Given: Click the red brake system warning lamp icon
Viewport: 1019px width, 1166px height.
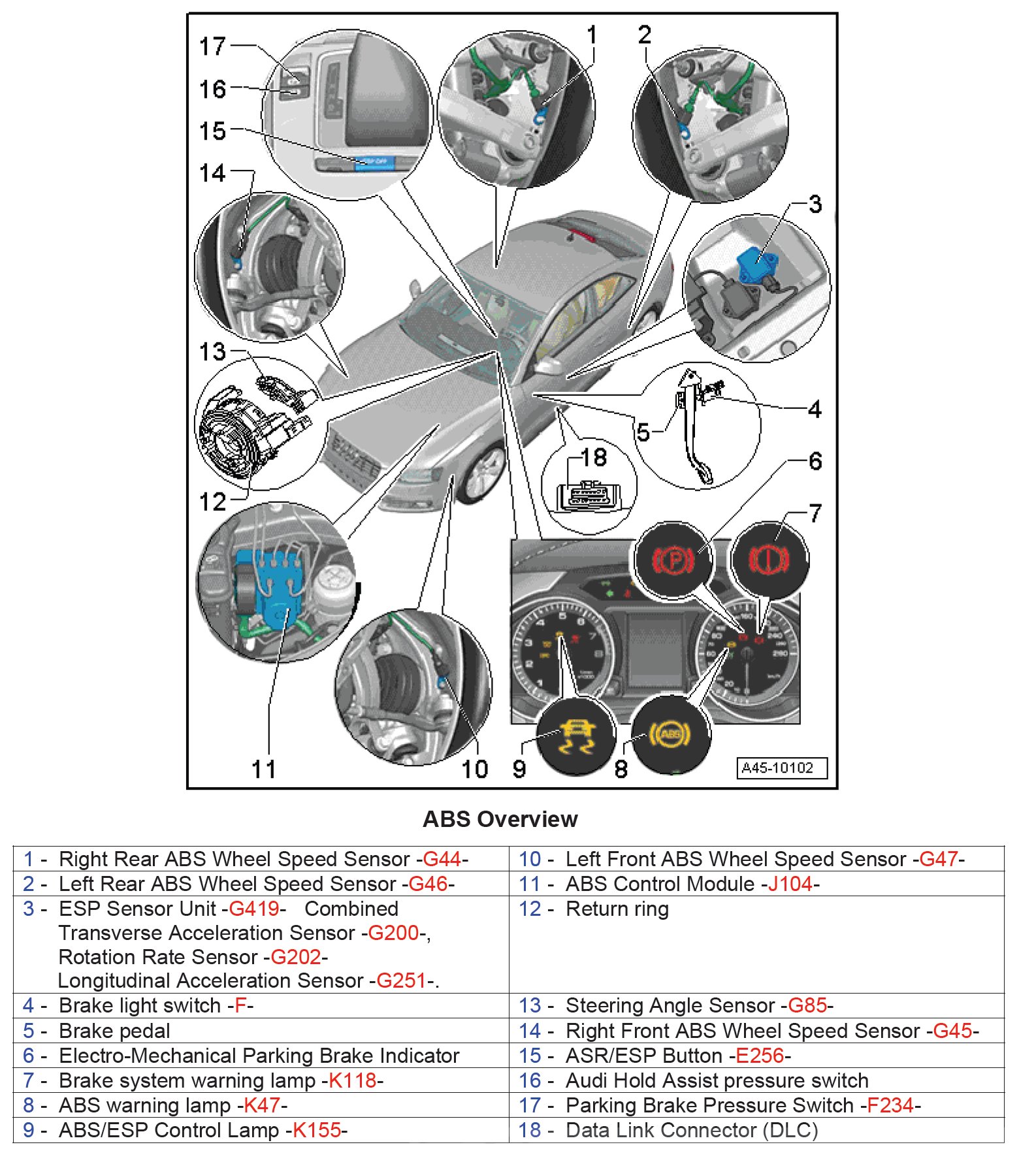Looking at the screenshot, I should pyautogui.click(x=769, y=560).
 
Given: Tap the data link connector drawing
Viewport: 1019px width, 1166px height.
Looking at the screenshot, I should pyautogui.click(x=587, y=496).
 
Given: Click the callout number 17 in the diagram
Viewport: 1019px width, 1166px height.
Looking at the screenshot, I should pyautogui.click(x=212, y=46).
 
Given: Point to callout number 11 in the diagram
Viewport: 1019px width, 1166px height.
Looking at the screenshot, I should pyautogui.click(x=264, y=769).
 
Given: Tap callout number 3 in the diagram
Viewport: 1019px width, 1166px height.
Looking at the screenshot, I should pyautogui.click(x=815, y=204).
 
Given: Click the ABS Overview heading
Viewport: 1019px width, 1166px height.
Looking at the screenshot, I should pyautogui.click(x=500, y=818).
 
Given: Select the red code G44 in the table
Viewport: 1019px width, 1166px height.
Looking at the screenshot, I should pyautogui.click(x=442, y=858).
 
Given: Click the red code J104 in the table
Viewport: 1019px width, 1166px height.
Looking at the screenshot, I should pyautogui.click(x=790, y=884).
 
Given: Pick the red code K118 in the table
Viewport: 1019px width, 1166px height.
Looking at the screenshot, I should pyautogui.click(x=353, y=1080).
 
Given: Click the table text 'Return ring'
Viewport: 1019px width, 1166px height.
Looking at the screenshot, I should pyautogui.click(x=617, y=909).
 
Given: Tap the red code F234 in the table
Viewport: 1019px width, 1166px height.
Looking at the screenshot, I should pyautogui.click(x=890, y=1105).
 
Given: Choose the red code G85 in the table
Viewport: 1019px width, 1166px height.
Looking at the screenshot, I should pyautogui.click(x=807, y=1005).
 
